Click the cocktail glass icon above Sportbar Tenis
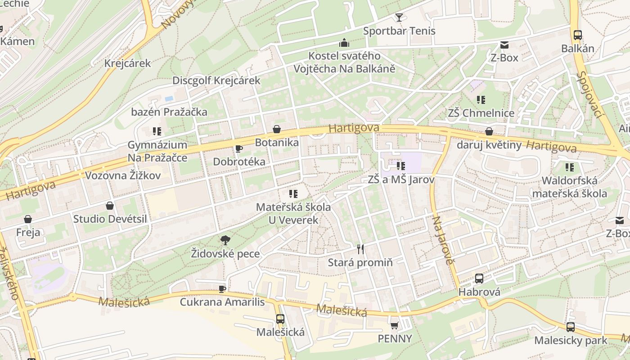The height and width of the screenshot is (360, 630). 399,18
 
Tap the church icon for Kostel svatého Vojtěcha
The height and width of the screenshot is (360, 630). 344,43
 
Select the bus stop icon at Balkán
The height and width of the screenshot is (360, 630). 578,35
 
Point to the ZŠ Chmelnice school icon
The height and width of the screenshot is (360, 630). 481,99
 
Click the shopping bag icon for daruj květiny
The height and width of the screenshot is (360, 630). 489,131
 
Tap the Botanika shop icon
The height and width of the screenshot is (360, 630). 277,129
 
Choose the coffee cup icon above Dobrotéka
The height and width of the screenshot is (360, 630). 239,148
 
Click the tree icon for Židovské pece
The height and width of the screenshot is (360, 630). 225,240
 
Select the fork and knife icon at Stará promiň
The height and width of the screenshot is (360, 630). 360,249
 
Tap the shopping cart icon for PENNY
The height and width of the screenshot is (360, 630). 395,325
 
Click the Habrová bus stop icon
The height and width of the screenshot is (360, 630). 479,278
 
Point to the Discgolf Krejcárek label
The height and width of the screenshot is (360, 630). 216,81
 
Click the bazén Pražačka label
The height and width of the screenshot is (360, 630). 169,112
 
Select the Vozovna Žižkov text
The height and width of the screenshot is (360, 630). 123,175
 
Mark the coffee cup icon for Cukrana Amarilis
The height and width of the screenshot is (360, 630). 222,288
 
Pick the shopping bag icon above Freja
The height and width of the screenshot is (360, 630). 28,219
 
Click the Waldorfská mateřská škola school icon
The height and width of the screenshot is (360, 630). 570,167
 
